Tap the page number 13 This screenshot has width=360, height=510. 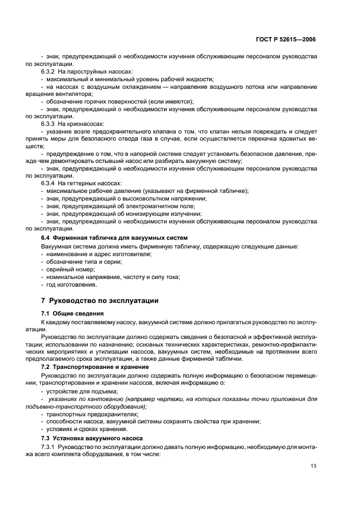point(313,466)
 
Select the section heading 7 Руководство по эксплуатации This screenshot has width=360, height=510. point(99,300)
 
